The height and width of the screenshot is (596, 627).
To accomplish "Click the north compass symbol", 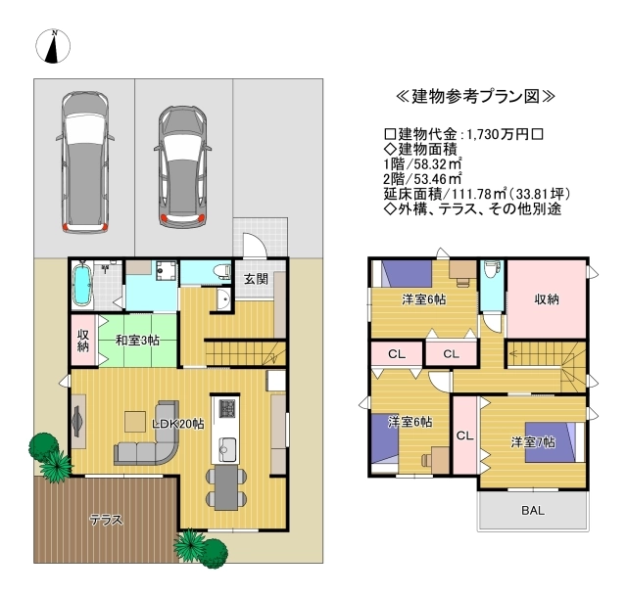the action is (x=53, y=46).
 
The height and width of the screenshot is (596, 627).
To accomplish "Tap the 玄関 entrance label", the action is (x=257, y=279).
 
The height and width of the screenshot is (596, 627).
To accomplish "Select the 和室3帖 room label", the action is (x=137, y=341).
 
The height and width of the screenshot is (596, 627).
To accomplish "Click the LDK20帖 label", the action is (x=178, y=424).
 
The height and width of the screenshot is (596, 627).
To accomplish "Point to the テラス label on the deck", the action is (x=106, y=520).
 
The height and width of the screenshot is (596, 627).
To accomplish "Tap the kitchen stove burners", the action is (x=227, y=408).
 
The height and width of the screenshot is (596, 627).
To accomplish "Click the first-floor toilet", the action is (x=222, y=271).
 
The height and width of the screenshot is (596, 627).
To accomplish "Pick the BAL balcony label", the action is (x=533, y=510).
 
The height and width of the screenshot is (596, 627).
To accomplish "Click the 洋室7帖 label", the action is (x=533, y=442).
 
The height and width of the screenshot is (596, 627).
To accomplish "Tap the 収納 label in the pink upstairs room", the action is (x=547, y=299).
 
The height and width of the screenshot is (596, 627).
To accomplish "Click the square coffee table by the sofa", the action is (x=135, y=422).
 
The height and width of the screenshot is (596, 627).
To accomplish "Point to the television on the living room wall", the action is (x=76, y=421).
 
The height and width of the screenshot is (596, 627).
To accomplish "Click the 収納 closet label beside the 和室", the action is (x=83, y=341).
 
